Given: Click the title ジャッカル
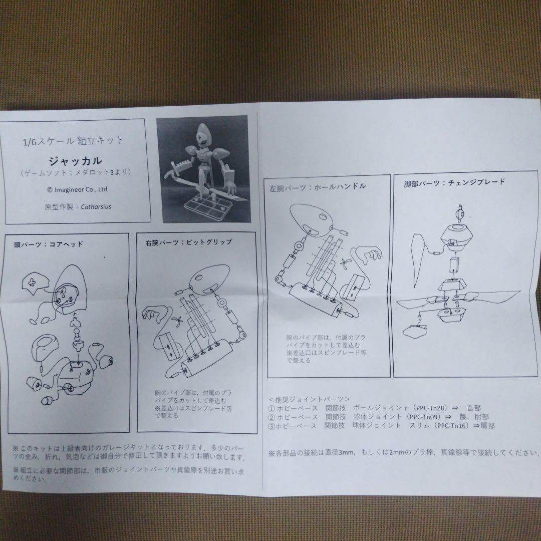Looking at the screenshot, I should click(x=75, y=161).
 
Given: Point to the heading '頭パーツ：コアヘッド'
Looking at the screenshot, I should click(x=49, y=244).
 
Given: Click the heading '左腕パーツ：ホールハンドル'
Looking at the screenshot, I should click(x=317, y=187).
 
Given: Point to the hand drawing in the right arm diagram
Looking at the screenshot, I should click(x=153, y=316).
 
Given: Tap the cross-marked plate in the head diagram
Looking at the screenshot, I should click(x=32, y=283).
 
